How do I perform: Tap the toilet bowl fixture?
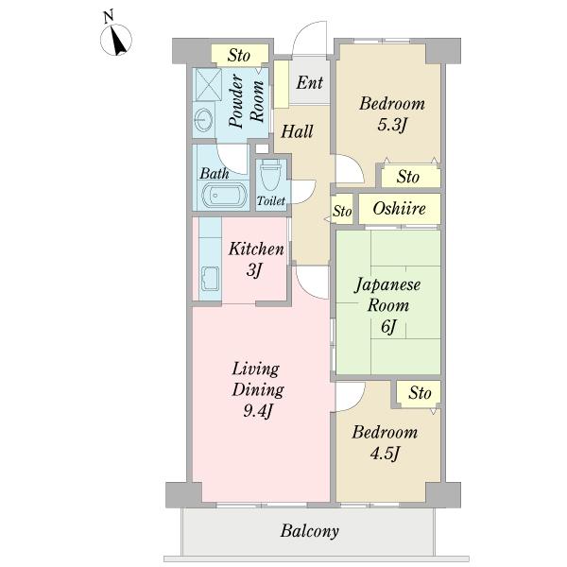(x=271, y=175)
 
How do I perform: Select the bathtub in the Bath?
(x=224, y=196)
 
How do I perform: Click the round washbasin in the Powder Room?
(x=203, y=120)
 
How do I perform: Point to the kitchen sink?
(x=210, y=279)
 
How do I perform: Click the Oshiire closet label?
(x=399, y=209)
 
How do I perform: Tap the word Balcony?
(x=310, y=531)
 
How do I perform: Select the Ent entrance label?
(x=310, y=82)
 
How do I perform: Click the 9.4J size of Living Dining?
(x=257, y=411)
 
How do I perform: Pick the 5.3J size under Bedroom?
(x=392, y=125)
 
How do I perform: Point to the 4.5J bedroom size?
(x=386, y=454)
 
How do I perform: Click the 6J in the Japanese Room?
(x=388, y=327)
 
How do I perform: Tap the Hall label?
(x=298, y=131)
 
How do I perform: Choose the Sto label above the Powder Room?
(x=239, y=56)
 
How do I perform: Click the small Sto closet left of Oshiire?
(x=342, y=211)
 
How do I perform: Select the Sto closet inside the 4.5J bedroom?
(x=420, y=393)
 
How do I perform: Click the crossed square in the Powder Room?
(x=208, y=85)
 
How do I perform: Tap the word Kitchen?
(x=256, y=249)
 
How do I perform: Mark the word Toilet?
(x=271, y=200)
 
